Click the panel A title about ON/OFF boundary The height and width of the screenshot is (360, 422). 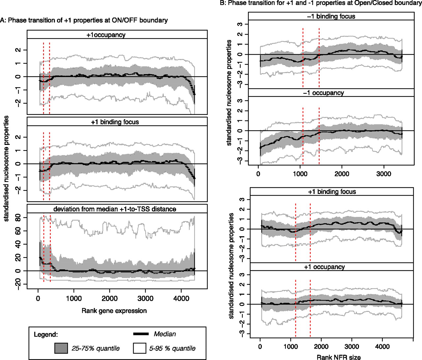click(x=84, y=20)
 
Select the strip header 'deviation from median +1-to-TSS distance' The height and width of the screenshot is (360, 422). click(x=115, y=209)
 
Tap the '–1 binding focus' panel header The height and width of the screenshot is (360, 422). click(x=331, y=16)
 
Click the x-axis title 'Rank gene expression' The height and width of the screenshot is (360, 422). click(x=114, y=311)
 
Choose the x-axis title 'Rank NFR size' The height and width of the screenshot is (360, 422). click(x=339, y=357)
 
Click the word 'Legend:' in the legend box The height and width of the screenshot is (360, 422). click(x=46, y=335)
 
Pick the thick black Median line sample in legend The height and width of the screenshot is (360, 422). click(x=141, y=334)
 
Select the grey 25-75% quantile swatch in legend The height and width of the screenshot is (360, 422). click(x=61, y=348)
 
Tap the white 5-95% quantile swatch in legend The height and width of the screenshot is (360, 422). click(x=139, y=348)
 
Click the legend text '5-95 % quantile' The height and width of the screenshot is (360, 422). click(x=172, y=348)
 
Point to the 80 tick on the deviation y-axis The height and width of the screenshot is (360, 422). click(x=18, y=217)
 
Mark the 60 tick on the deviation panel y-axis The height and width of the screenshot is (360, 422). click(x=18, y=231)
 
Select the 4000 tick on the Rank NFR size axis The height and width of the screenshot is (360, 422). click(x=382, y=346)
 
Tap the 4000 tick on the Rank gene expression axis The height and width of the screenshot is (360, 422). click(x=181, y=298)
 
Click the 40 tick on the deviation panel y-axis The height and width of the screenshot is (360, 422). click(x=18, y=244)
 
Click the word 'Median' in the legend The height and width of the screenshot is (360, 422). click(x=165, y=334)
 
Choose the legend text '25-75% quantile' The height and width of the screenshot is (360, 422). click(x=96, y=348)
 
